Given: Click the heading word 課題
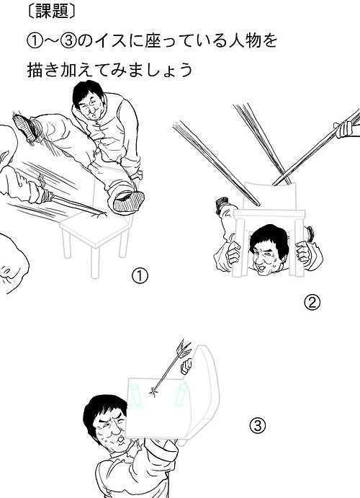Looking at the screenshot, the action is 53,12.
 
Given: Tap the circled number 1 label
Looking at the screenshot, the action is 140,276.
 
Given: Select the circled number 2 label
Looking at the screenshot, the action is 312,303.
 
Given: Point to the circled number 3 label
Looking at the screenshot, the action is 257,425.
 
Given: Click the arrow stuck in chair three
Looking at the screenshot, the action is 171,369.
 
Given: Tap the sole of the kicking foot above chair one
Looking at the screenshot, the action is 128,201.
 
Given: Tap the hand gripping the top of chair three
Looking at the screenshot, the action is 186,366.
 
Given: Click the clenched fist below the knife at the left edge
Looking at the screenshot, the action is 12,263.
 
